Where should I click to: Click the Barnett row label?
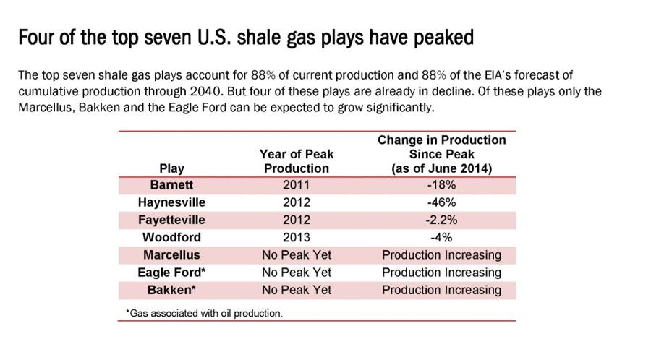(x=171, y=184)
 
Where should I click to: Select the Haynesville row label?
(x=171, y=202)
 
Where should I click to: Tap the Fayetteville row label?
(x=171, y=220)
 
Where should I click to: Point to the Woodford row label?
(x=171, y=237)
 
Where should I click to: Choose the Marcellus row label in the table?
(x=171, y=254)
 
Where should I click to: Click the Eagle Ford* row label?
(x=171, y=273)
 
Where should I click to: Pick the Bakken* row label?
(x=171, y=290)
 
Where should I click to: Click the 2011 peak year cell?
(x=296, y=184)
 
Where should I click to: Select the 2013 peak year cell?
(x=296, y=237)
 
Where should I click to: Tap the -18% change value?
(x=441, y=184)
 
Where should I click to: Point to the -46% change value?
(x=441, y=202)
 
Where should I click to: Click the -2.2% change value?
(x=441, y=220)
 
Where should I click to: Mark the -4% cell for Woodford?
(x=441, y=237)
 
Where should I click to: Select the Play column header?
(x=171, y=168)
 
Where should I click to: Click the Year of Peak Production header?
(x=297, y=161)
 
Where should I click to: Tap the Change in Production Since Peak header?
(x=442, y=154)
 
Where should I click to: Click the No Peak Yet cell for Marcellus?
(x=297, y=254)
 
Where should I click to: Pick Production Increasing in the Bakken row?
(x=441, y=290)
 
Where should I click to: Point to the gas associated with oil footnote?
(x=204, y=314)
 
